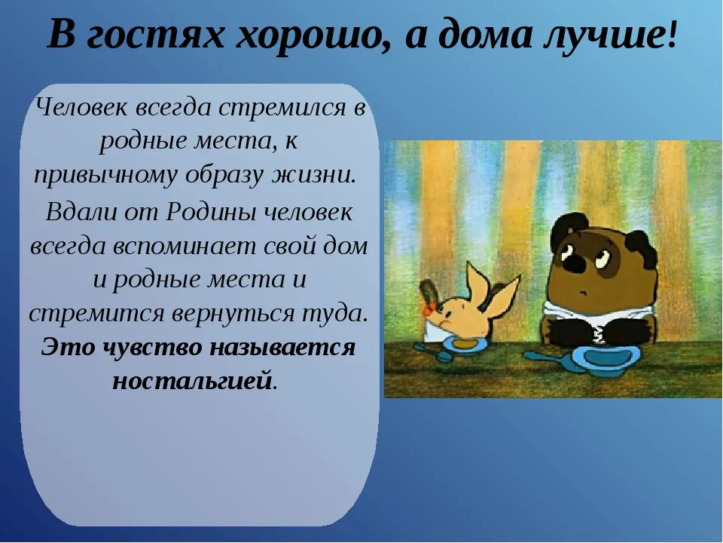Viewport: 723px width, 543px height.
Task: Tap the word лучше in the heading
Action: [604, 35]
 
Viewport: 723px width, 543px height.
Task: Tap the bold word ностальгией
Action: [191, 381]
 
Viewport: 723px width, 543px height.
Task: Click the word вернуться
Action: [233, 314]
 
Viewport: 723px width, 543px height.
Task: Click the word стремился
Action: [282, 108]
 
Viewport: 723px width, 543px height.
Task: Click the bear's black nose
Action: [575, 262]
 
